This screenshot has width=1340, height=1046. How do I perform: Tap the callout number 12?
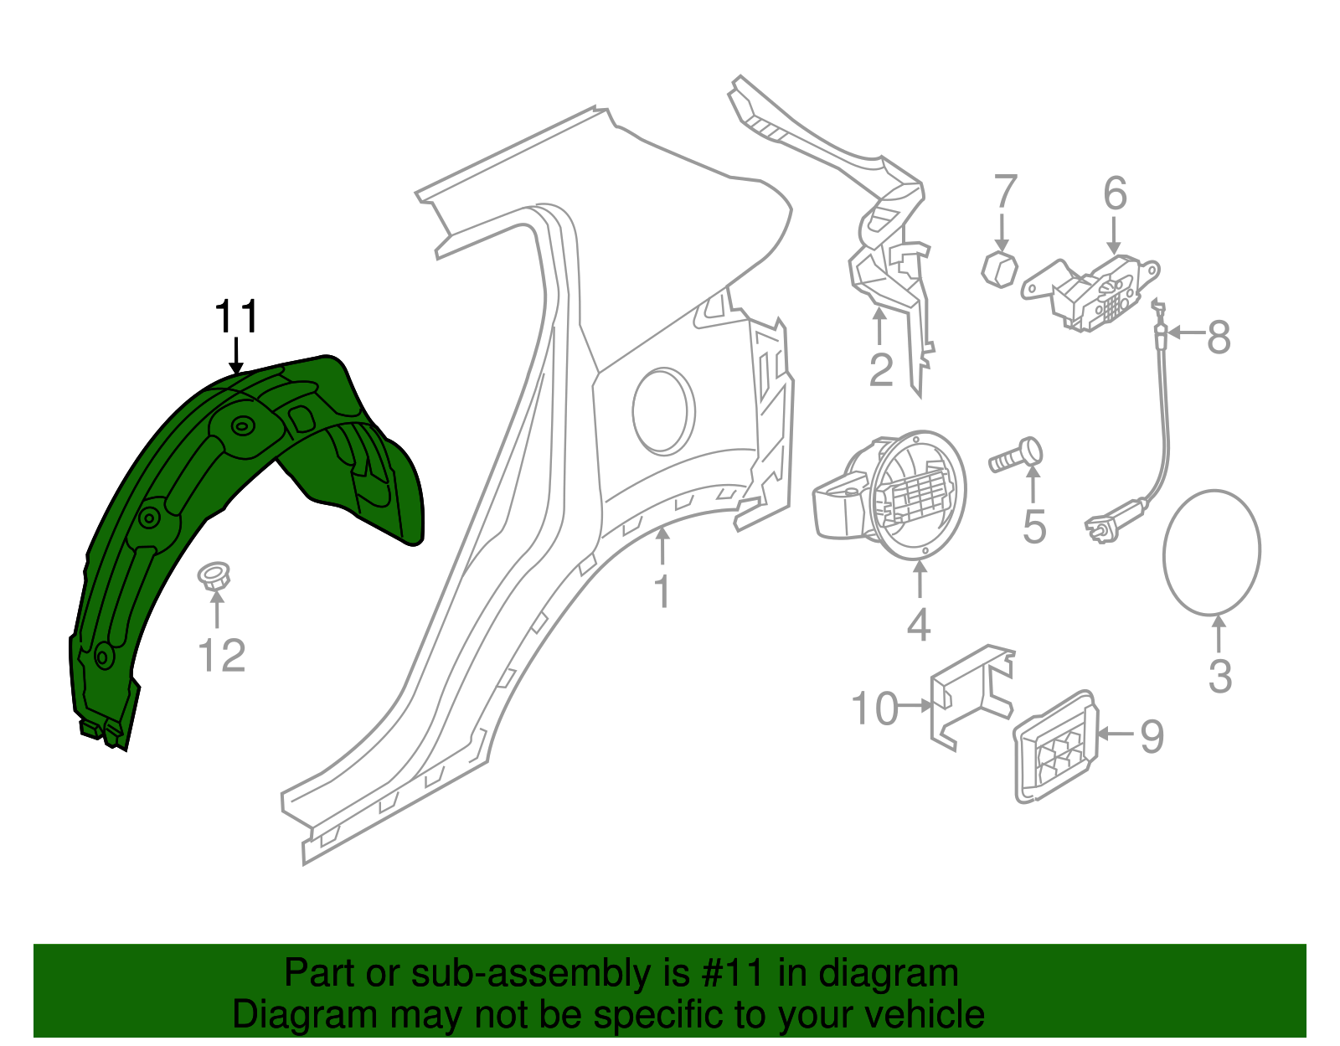[222, 656]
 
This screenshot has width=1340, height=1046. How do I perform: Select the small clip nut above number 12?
[214, 576]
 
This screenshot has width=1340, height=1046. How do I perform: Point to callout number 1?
[662, 591]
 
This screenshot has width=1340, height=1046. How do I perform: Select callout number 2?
[880, 369]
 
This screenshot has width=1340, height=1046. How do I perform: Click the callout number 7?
[1005, 192]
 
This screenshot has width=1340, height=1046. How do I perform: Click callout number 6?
[1115, 193]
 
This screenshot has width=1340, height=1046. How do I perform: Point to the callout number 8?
[1219, 337]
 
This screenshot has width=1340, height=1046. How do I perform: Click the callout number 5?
[1034, 527]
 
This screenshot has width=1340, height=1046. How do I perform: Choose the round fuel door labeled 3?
[1211, 552]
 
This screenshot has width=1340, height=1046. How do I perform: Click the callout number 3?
[1220, 676]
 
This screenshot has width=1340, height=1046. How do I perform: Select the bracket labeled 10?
[971, 695]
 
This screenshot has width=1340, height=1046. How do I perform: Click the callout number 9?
[1152, 736]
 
